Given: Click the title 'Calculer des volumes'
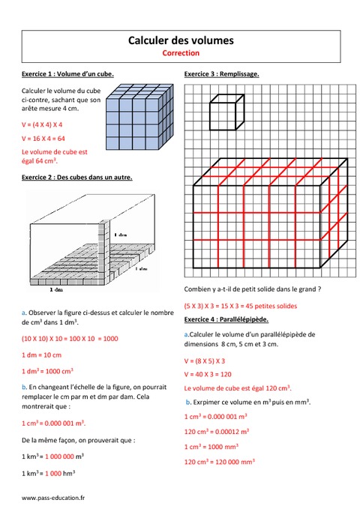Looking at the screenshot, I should (180, 40).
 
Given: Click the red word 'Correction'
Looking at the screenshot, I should (180, 53).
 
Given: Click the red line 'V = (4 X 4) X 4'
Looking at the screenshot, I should (42, 124).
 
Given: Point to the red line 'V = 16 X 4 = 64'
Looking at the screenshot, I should (43, 139).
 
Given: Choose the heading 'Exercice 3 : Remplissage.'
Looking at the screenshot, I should (221, 74).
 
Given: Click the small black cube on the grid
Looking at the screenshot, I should (226, 112).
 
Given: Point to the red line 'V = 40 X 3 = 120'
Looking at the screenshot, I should (209, 374).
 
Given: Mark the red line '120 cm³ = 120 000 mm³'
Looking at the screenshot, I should (223, 463).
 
